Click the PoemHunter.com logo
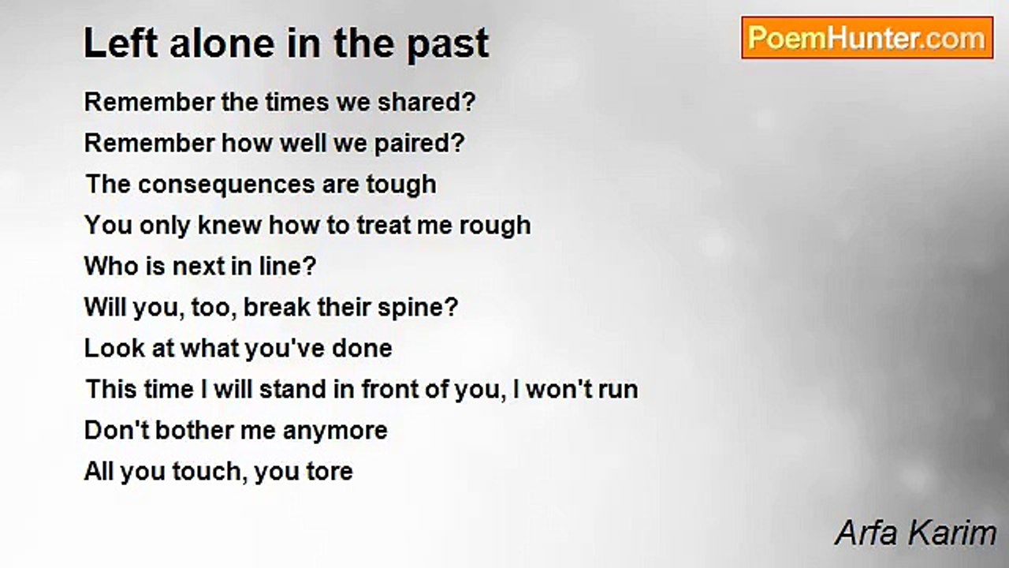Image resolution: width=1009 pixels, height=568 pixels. [866, 37]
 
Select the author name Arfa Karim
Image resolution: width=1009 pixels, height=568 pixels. [915, 533]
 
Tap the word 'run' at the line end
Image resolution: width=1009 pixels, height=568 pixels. [616, 390]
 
